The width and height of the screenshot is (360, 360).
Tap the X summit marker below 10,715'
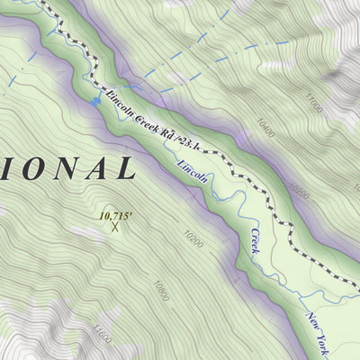point(115,227)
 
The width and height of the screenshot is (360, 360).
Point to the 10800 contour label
point(160,290)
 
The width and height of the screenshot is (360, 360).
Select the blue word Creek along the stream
point(254,240)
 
